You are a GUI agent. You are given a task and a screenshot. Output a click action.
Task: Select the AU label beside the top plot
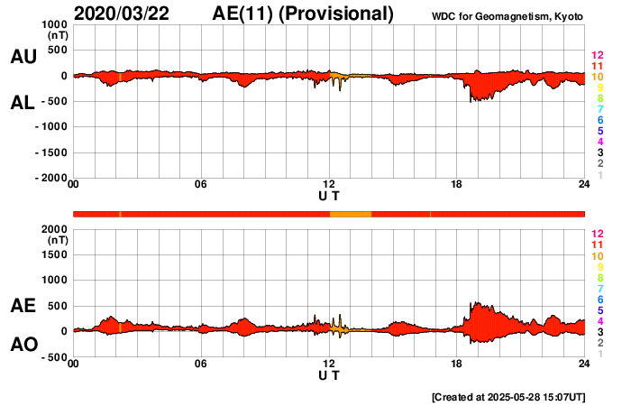click(x=23, y=57)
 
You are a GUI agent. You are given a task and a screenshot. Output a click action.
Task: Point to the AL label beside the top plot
click(x=23, y=103)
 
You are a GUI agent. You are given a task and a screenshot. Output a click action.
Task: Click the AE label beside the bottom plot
click(x=23, y=306)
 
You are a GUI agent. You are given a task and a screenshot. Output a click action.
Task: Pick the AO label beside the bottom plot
click(x=23, y=345)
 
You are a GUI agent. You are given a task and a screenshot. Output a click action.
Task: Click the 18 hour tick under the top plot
click(x=456, y=185)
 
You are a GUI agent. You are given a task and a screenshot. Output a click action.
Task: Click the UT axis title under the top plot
click(x=329, y=196)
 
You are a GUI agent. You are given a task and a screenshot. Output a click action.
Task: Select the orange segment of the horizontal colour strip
click(x=351, y=213)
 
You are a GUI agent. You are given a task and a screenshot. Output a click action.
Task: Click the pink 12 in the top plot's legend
click(x=597, y=55)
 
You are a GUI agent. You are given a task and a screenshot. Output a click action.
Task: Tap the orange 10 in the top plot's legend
click(x=597, y=77)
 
